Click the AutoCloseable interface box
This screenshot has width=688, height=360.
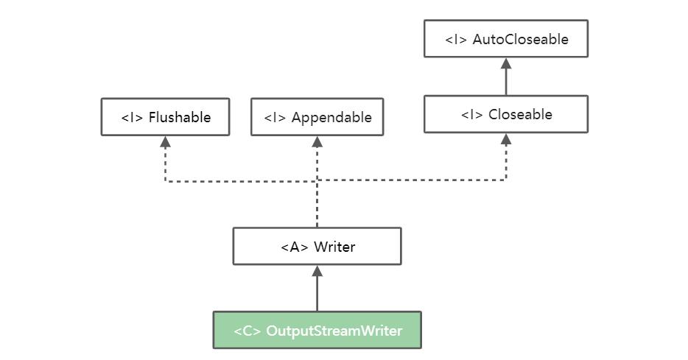(x=506, y=39)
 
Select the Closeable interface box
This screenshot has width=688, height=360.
(x=506, y=114)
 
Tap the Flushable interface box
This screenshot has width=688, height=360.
(x=165, y=117)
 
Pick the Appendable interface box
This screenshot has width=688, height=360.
(x=317, y=117)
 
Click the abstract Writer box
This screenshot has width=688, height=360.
(x=317, y=247)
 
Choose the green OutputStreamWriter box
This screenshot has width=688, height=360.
(x=317, y=331)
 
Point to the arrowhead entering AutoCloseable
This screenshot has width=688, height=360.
(x=506, y=63)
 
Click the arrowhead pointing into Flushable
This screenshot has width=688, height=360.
(x=165, y=141)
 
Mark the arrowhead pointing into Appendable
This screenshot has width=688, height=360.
(x=317, y=141)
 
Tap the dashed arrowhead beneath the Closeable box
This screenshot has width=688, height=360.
(x=506, y=138)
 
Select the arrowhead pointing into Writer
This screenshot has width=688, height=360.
(x=317, y=271)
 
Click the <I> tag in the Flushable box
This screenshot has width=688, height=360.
(x=132, y=118)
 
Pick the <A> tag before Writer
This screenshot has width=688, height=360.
(x=295, y=247)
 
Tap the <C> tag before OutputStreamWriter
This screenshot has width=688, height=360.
(x=248, y=331)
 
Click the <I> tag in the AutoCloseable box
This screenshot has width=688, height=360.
(x=456, y=40)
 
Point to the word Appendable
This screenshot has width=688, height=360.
(x=331, y=118)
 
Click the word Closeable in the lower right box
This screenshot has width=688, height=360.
(x=520, y=115)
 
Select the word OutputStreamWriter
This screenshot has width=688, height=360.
(x=334, y=331)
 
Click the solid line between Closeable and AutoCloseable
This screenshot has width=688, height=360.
(x=506, y=82)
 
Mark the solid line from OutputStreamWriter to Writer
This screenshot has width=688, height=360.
(x=317, y=294)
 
